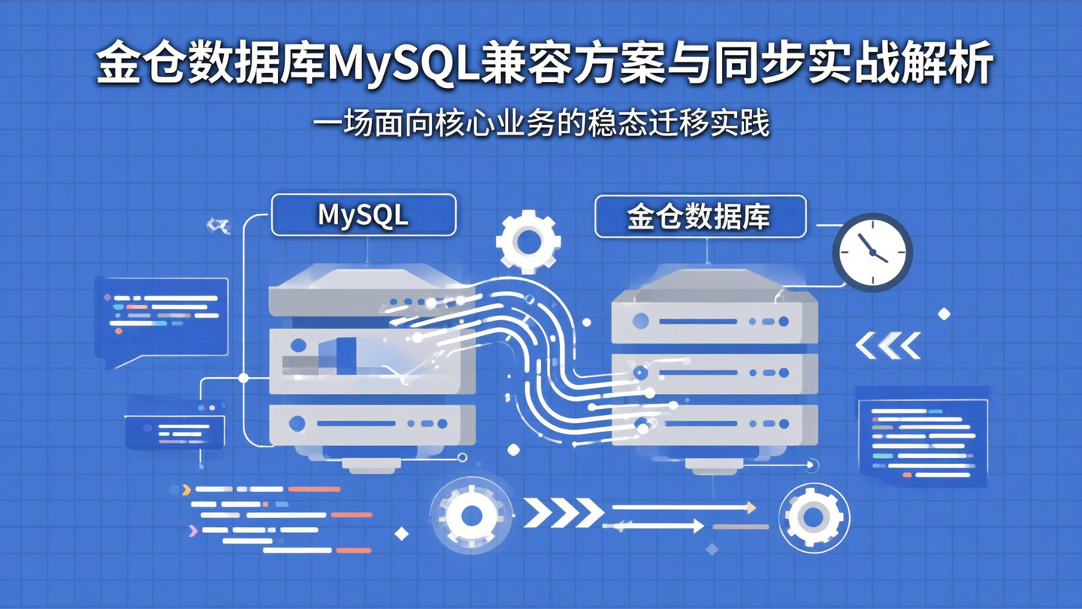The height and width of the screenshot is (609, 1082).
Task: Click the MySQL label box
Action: pos(363,215)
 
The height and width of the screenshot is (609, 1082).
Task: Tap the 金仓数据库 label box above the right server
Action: pos(700,217)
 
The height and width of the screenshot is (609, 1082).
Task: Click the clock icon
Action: pos(872,252)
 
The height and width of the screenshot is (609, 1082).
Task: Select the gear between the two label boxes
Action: pos(528,242)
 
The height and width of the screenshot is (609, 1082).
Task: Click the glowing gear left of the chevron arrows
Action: pos(471,516)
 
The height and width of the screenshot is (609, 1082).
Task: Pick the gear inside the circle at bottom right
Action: pos(814,517)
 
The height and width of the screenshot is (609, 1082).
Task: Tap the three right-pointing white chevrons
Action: pos(564,513)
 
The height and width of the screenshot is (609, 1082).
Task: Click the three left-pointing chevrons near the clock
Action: pos(888,346)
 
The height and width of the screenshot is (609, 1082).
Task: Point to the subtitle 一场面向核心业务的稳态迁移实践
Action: pos(541,124)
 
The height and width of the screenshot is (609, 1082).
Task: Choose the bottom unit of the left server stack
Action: pos(372,424)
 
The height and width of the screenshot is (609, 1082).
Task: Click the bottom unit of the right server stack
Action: pos(714,424)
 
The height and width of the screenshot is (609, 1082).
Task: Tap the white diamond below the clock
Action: pos(944,314)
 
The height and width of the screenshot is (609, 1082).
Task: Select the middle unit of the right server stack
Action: pos(714,372)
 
